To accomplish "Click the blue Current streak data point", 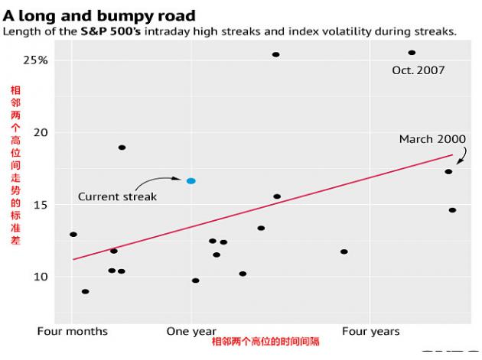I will [191, 181].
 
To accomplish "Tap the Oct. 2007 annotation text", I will [418, 70].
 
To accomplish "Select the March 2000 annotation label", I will [432, 139].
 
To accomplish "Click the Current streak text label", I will [117, 196].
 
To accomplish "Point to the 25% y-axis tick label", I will [36, 60].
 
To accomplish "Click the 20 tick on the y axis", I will [39, 132].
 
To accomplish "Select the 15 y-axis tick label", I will [39, 205].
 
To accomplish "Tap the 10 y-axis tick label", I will [39, 277].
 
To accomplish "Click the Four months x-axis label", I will [72, 331].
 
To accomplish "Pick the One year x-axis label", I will [191, 331].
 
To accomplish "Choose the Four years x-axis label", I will [370, 331].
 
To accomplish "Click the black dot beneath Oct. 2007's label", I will [412, 53].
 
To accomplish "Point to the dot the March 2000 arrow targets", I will [448, 171].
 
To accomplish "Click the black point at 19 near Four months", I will [122, 148].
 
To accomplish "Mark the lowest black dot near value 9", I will [85, 291].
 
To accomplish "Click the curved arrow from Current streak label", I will [159, 182].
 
